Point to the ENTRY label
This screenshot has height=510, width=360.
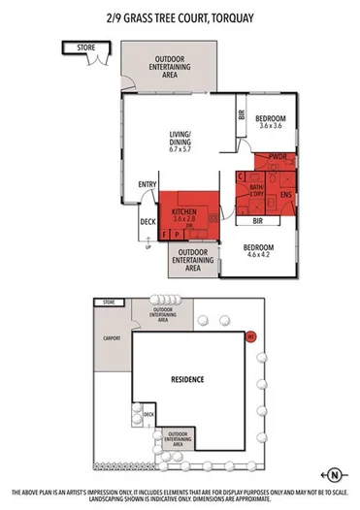(147, 185)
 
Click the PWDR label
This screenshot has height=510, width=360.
(276, 156)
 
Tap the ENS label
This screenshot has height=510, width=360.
(285, 195)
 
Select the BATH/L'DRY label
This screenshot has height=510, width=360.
(257, 190)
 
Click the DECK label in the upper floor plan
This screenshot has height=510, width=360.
(147, 222)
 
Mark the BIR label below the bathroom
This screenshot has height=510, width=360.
(258, 220)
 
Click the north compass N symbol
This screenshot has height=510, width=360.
(333, 474)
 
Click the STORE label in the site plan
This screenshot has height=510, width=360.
(106, 303)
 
